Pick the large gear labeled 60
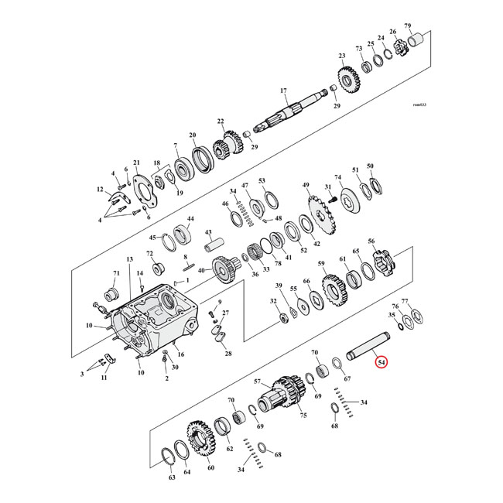coord(200,440)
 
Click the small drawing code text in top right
coord(419,104)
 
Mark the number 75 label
coord(303,416)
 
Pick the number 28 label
coord(228,354)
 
